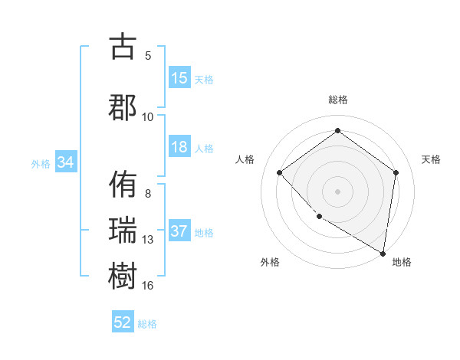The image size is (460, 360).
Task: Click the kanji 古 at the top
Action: coord(123,47)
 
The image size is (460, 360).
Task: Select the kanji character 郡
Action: coord(123,106)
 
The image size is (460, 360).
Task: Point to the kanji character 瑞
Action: coord(123,231)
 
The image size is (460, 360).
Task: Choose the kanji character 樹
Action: coord(123,277)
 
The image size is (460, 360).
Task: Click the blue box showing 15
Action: coord(179,78)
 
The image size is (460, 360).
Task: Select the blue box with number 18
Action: coord(179,148)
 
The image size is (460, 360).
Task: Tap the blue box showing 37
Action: coord(179,232)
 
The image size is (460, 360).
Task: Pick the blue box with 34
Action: coord(66,162)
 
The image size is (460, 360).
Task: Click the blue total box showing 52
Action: coord(123,323)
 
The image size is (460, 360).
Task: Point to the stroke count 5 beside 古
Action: coord(148,55)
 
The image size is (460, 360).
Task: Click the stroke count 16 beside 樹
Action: coord(148,286)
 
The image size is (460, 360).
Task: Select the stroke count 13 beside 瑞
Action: coord(148,240)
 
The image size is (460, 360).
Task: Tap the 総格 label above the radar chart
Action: coord(337,100)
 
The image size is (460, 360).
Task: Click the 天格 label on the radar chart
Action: coord(432,159)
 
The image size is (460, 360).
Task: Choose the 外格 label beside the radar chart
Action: coord(270,263)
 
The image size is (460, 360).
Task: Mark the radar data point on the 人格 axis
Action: coord(280,173)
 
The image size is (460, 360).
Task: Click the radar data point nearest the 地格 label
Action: coord(383,253)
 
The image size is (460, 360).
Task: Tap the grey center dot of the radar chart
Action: coord(337,191)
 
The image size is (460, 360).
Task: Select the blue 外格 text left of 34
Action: coord(41,163)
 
